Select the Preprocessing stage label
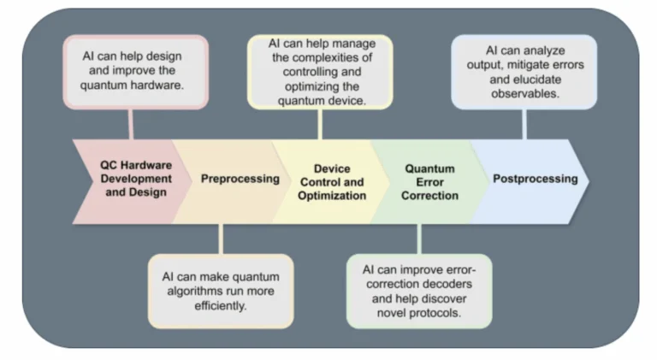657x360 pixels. pos(240,179)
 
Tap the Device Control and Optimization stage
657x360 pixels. pos(332,182)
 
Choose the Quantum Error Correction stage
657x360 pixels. pos(430,182)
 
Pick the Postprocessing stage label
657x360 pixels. pos(535,179)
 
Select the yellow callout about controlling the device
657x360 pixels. pos(321,72)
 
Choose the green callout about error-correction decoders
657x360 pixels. pos(419,290)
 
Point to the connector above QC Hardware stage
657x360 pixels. pos(130,123)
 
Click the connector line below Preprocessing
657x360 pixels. pos(221,239)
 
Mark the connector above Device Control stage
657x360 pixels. pos(320,123)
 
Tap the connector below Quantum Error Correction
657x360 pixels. pos(418,239)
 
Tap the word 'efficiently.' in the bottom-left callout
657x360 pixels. pos(221,304)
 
